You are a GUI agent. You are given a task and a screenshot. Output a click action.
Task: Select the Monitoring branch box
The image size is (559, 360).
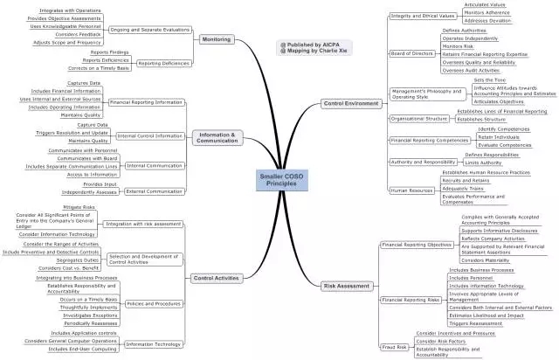click(x=216, y=39)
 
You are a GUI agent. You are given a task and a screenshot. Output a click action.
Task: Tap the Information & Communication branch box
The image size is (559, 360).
click(x=217, y=136)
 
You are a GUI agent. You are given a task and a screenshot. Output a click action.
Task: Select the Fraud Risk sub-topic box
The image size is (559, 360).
click(x=396, y=347)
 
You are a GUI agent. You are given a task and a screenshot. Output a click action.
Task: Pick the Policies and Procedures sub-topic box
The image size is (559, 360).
click(x=149, y=303)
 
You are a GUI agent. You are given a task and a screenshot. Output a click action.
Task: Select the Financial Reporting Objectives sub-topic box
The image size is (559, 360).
click(x=415, y=245)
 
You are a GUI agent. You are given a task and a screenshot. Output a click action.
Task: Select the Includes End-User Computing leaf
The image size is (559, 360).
click(x=83, y=349)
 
